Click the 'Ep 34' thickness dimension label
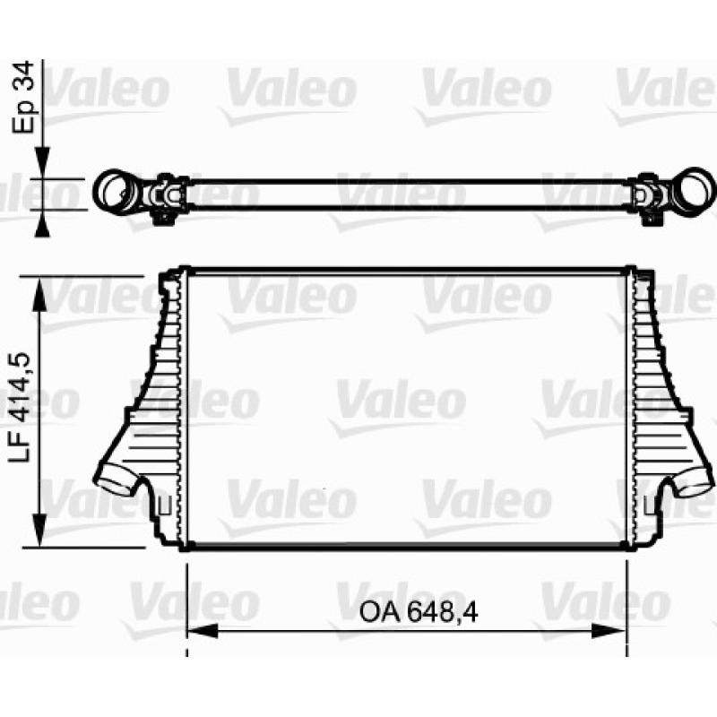[23, 97]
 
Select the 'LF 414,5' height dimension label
[21, 407]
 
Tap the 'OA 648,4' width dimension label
[419, 612]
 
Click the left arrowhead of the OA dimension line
[203, 632]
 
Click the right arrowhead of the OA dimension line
[609, 632]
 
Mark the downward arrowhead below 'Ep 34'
[42, 163]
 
